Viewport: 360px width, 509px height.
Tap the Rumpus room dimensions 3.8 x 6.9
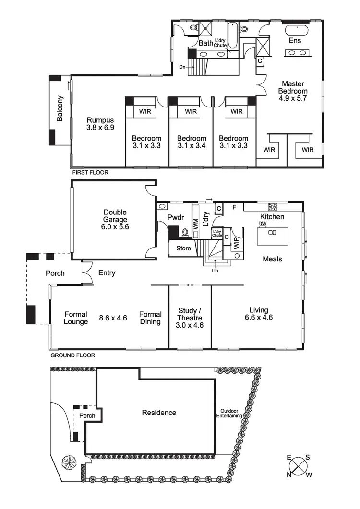coord(100,128)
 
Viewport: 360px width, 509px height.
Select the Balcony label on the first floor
coord(60,109)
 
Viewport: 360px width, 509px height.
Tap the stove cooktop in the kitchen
coord(274,207)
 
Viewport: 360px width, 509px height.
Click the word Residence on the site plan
coord(159,413)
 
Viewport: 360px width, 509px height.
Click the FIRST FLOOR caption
coord(90,172)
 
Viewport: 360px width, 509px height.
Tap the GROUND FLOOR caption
coord(72,355)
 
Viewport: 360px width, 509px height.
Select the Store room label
coord(183,249)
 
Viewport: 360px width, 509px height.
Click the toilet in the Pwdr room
coord(185,233)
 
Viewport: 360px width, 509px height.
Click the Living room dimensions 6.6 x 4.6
coord(259,317)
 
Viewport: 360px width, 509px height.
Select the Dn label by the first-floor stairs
coord(181,68)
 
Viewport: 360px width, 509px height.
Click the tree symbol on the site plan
coord(69,463)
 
